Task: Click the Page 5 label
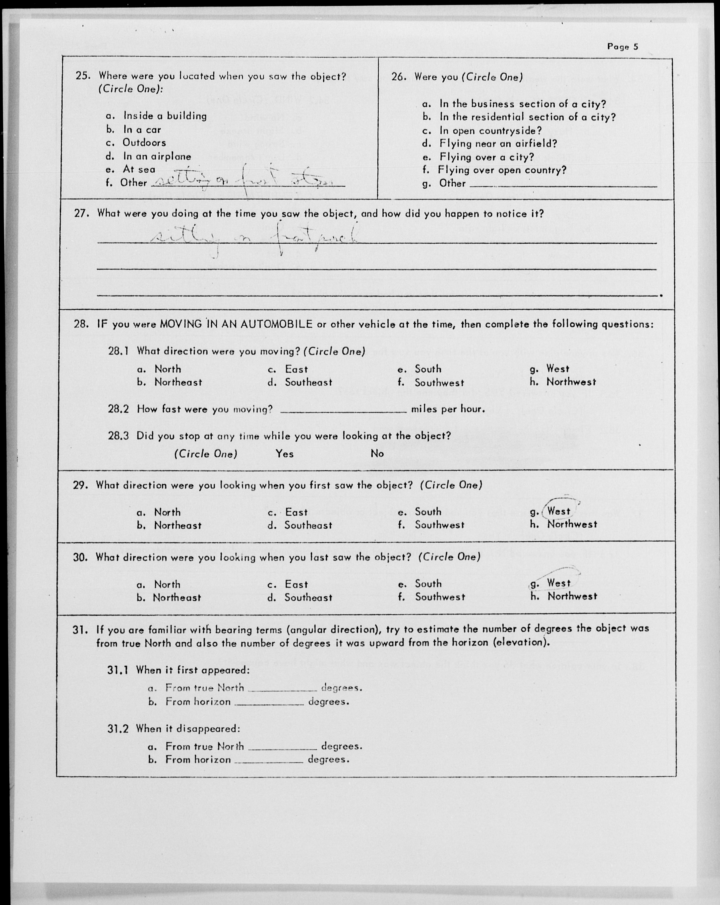pyautogui.click(x=622, y=47)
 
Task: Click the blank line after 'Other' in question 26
pyautogui.click(x=563, y=185)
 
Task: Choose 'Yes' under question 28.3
pyautogui.click(x=285, y=454)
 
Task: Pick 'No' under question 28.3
pyautogui.click(x=377, y=454)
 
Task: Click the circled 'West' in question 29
pyautogui.click(x=558, y=511)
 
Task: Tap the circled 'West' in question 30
pyautogui.click(x=558, y=583)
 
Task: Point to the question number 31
pyautogui.click(x=79, y=630)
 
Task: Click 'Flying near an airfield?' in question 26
pyautogui.click(x=498, y=143)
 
